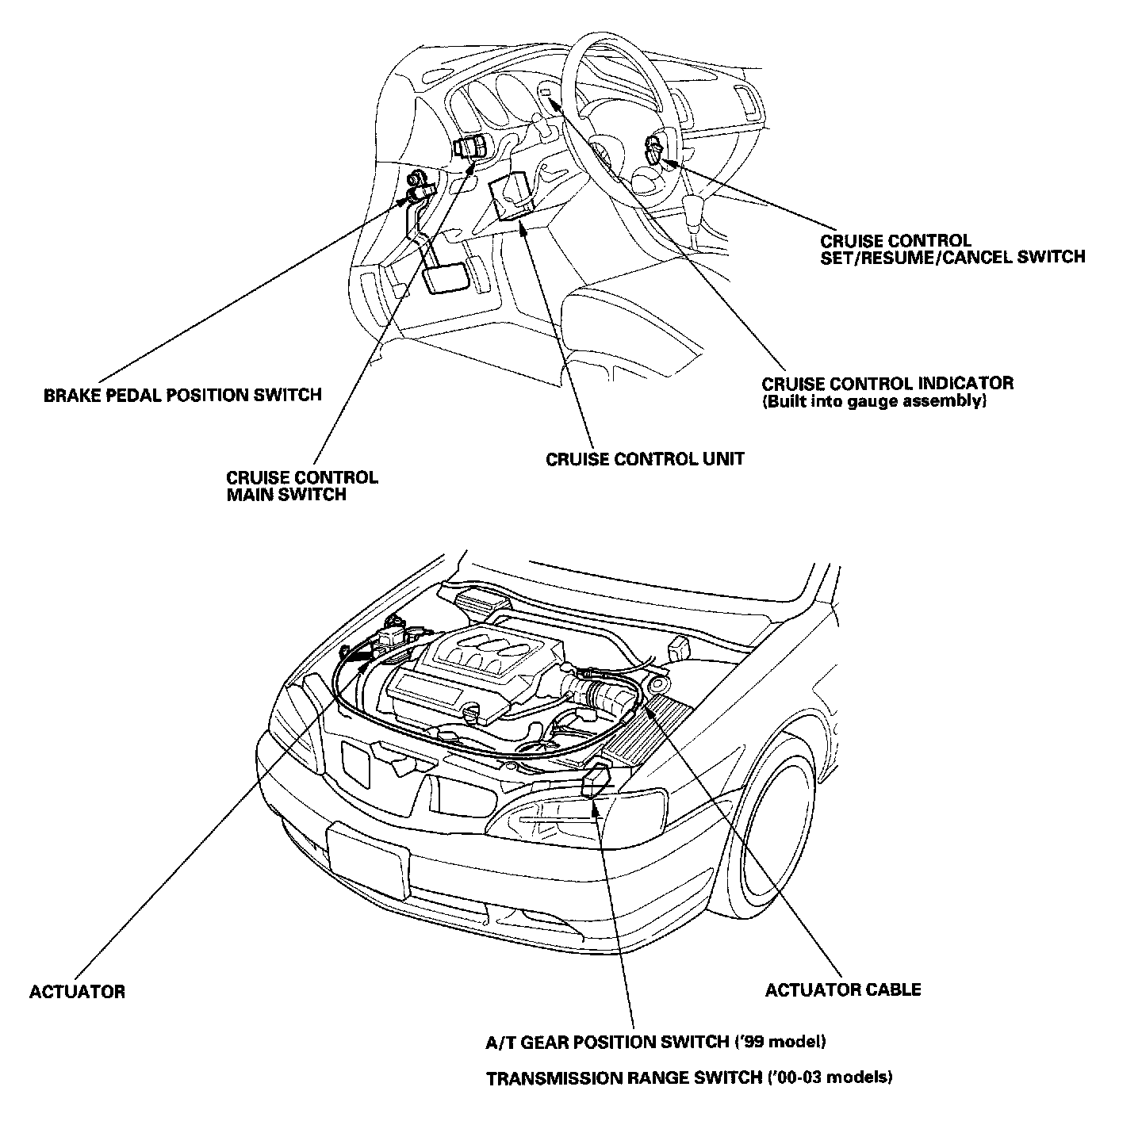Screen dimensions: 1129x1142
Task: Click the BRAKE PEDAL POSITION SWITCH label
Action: coord(182,395)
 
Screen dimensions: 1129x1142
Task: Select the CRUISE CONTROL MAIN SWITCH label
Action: coord(302,486)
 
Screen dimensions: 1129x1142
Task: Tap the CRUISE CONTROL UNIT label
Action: coord(645,459)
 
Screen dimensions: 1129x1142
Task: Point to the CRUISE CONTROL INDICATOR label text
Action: coord(887,384)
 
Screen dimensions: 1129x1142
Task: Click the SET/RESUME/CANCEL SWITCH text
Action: coord(952,257)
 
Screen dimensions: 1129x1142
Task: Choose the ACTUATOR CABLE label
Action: coord(842,989)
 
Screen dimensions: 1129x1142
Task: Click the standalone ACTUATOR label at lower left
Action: coord(77,992)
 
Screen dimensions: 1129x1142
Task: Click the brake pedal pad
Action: coord(443,281)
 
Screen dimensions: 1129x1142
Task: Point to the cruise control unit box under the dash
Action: coord(513,196)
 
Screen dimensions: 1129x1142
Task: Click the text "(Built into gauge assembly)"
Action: coord(874,402)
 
